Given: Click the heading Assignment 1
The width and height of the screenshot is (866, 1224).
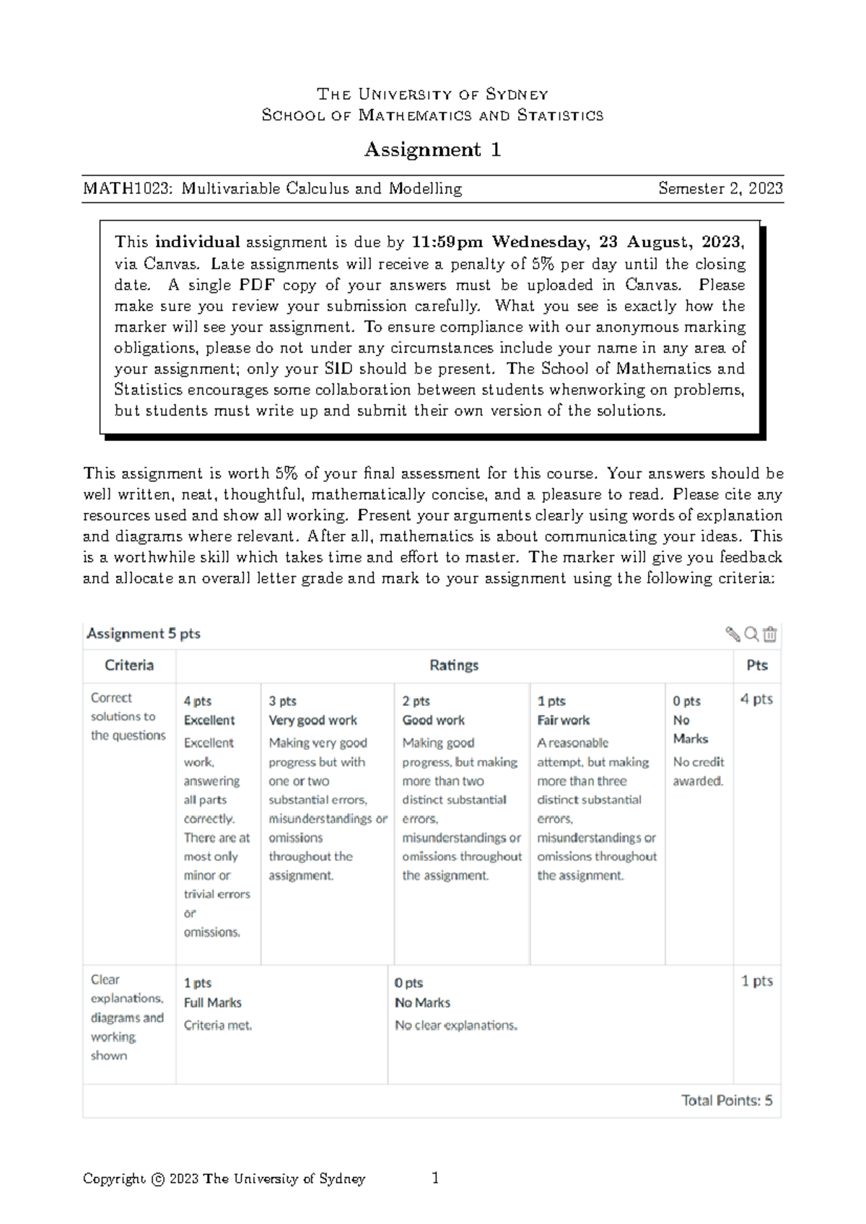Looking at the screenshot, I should coord(432,149).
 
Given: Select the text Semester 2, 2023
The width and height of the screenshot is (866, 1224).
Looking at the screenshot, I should coord(720,189).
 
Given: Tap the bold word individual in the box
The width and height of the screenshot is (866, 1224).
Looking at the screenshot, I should coord(197,242).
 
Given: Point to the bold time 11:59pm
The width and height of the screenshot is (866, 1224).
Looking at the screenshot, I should coord(447,242).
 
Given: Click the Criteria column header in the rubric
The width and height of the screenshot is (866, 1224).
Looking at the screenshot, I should coord(129,665).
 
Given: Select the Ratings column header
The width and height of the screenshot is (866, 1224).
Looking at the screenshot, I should coord(454,665).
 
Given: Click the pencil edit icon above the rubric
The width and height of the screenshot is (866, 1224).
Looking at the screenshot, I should coord(732,634).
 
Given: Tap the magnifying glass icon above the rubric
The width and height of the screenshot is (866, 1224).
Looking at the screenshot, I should coord(751,634).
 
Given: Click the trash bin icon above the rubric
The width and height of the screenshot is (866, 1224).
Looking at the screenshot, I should coord(770,634).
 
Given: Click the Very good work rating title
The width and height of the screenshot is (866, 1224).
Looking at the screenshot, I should coord(312,720).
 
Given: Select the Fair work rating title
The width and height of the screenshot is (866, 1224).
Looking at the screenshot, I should coord(563,720).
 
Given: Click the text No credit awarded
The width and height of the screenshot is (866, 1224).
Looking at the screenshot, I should coord(698,771).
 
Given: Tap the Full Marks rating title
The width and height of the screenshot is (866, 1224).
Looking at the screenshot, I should coord(212,1002).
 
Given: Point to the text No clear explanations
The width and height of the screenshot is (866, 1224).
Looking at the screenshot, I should coord(455,1026).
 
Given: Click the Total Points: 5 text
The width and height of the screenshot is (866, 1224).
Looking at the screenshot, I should coord(726,1101).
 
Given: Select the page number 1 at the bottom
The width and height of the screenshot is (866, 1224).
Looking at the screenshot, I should coord(435,1179).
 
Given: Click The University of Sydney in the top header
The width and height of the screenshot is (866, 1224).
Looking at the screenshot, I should coord(432,95).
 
